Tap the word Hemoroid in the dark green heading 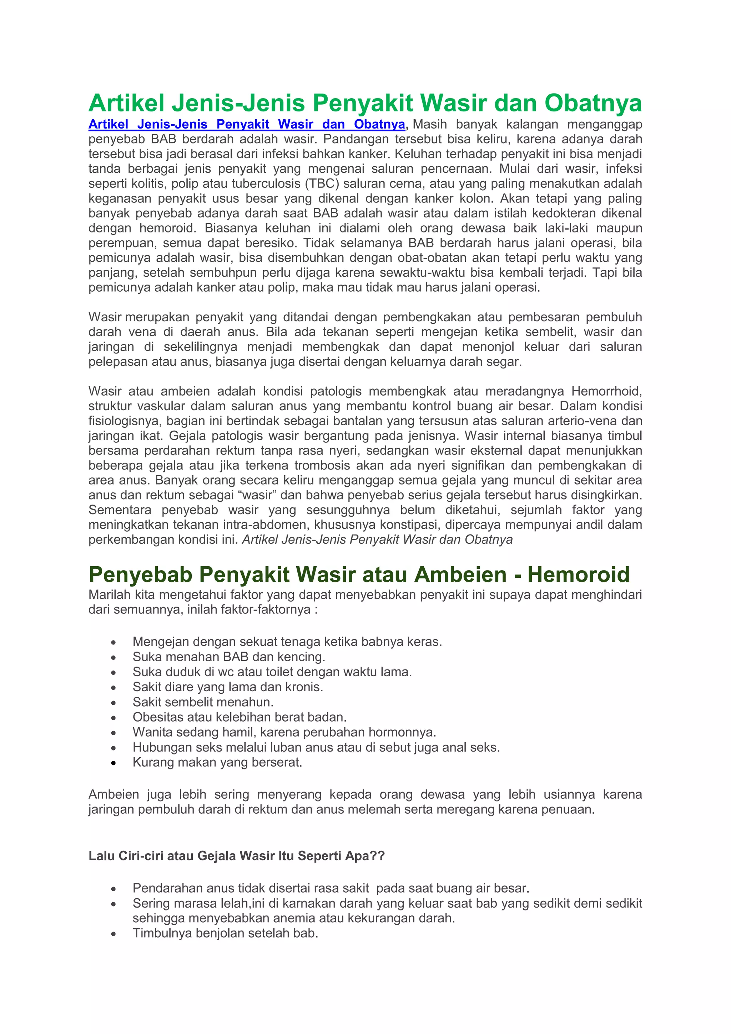[x=578, y=574]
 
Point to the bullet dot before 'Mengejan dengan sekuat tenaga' [x=114, y=642]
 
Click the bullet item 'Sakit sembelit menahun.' [x=203, y=702]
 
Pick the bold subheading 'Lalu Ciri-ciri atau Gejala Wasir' [x=237, y=856]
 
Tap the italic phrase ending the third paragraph [x=377, y=539]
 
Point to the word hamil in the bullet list [x=240, y=732]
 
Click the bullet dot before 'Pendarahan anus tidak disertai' [x=114, y=889]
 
